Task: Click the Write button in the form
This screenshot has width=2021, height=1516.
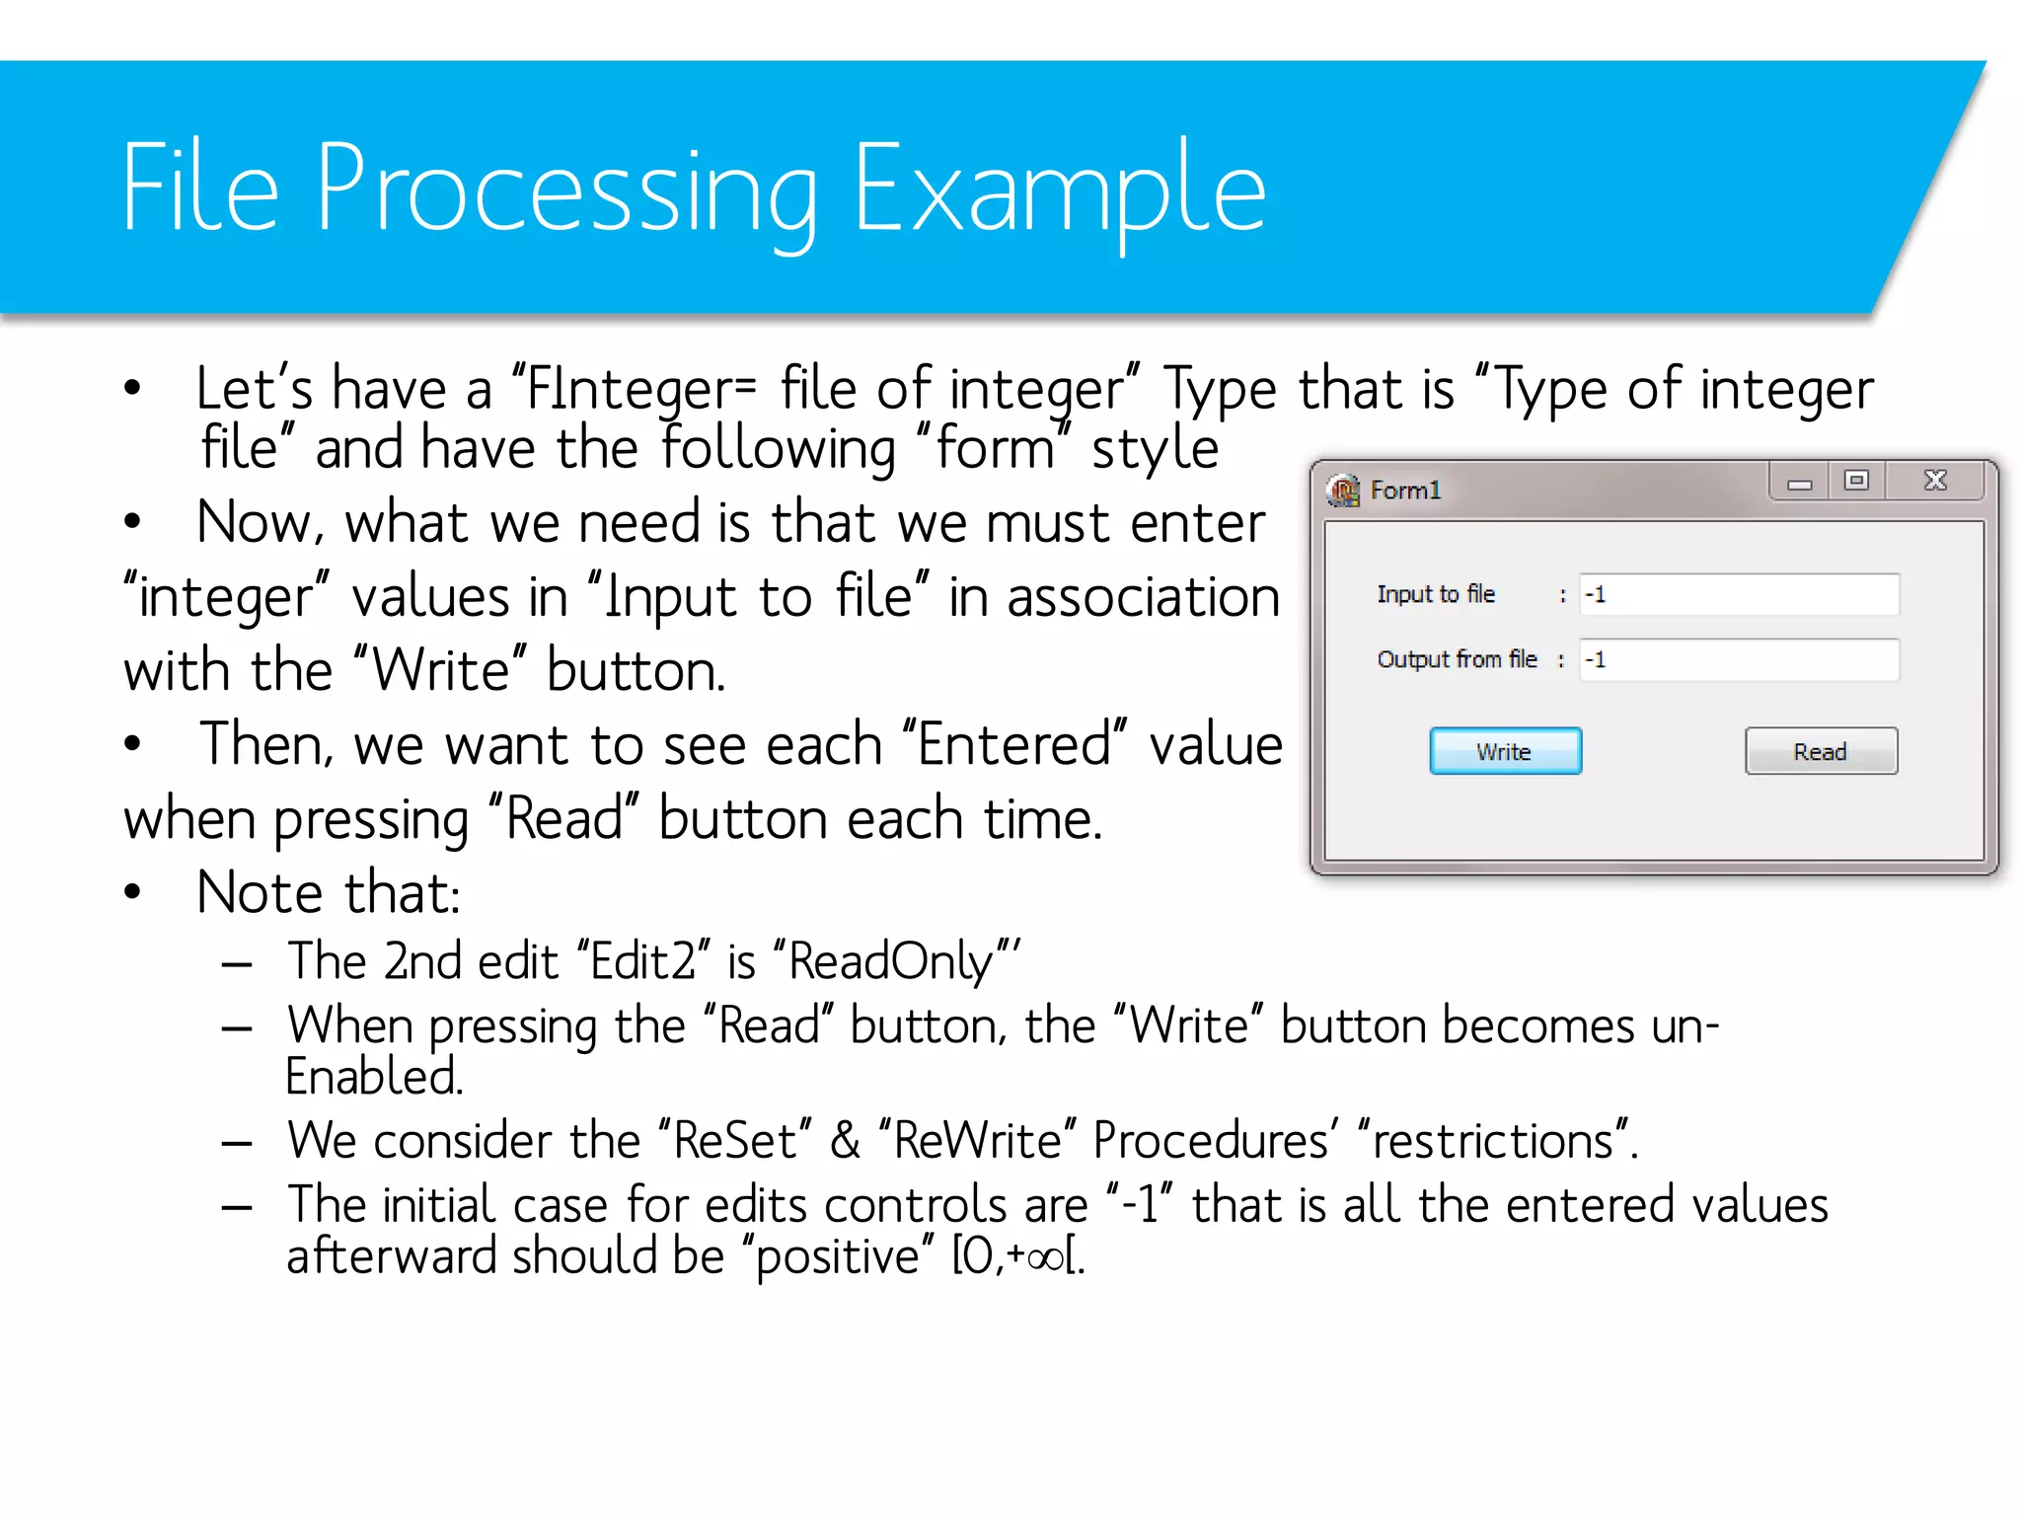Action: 1505,751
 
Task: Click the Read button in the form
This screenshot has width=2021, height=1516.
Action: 1821,751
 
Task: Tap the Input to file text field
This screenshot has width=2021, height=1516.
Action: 1739,594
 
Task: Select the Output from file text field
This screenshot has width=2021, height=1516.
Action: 1739,659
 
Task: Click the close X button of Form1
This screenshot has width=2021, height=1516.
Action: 1935,481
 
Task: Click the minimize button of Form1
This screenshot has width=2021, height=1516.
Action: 1799,483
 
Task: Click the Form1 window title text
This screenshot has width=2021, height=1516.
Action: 1405,491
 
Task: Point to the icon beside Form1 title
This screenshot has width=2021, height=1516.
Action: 1343,490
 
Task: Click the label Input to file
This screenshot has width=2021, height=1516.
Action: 1436,594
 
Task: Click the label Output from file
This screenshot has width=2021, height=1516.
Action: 1457,659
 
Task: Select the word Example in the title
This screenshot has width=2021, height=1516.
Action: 1058,190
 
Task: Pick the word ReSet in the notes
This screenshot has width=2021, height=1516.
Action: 735,1141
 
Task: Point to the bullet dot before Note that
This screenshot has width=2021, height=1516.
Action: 133,892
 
